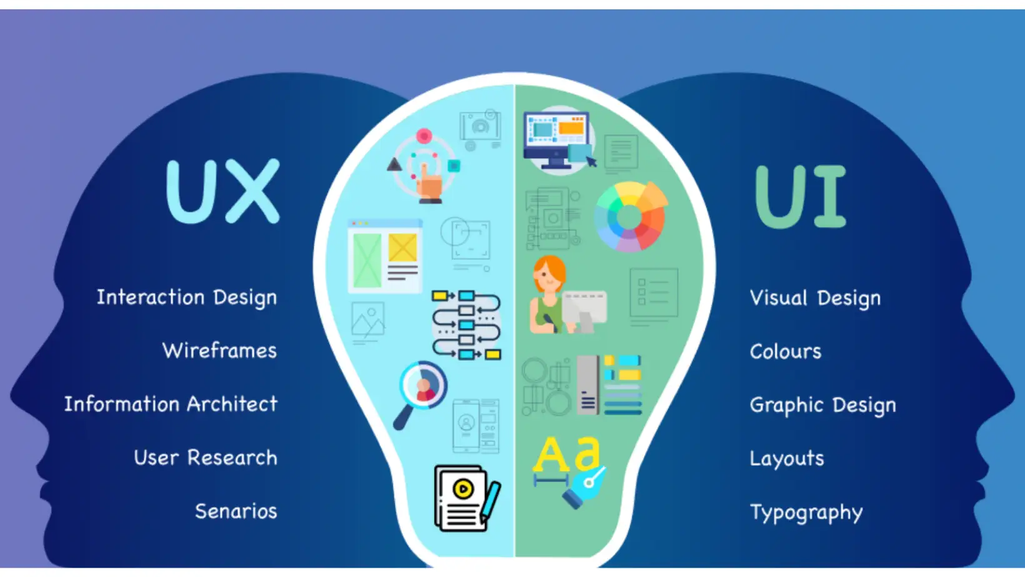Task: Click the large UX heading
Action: pyautogui.click(x=222, y=191)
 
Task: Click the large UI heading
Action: pyautogui.click(x=800, y=196)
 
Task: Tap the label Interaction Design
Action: pyautogui.click(x=186, y=297)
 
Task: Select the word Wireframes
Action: pyautogui.click(x=219, y=351)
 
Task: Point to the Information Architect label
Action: pyautogui.click(x=171, y=405)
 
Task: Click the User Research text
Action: pyautogui.click(x=206, y=458)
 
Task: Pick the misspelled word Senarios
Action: pyautogui.click(x=236, y=511)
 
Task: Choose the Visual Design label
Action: pyautogui.click(x=815, y=298)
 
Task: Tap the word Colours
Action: pyautogui.click(x=786, y=352)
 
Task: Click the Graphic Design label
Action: pyautogui.click(x=822, y=405)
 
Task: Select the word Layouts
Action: pyautogui.click(x=787, y=459)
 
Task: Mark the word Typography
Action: pyautogui.click(x=806, y=513)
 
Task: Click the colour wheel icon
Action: pyautogui.click(x=630, y=217)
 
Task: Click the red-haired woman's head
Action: pyautogui.click(x=549, y=274)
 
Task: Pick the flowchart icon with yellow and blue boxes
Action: pyautogui.click(x=467, y=325)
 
